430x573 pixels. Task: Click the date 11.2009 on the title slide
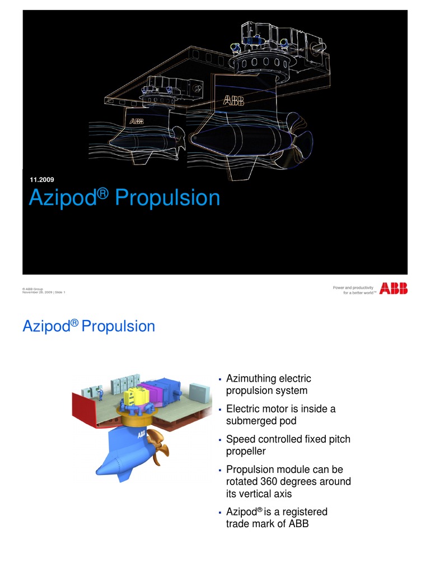click(x=41, y=180)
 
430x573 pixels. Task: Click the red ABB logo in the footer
click(x=393, y=289)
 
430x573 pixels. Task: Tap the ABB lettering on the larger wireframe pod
click(x=233, y=101)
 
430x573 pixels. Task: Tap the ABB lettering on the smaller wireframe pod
click(x=137, y=121)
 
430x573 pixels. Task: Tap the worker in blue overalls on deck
click(x=101, y=395)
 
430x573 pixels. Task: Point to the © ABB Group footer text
click(x=32, y=289)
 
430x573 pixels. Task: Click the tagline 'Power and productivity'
click(x=354, y=288)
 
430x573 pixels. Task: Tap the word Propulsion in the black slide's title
click(x=167, y=198)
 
